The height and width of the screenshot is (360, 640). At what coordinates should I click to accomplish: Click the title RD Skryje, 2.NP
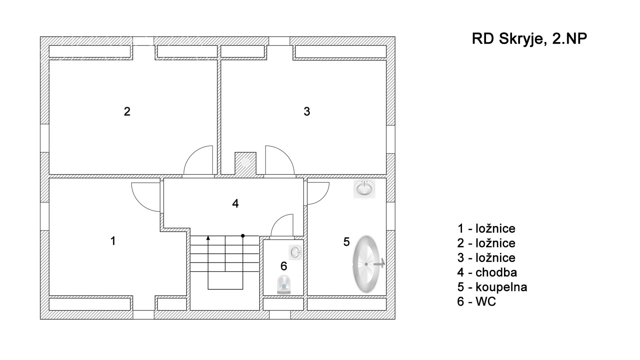pos(529,39)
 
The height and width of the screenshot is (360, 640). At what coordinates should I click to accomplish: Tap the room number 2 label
pos(127,112)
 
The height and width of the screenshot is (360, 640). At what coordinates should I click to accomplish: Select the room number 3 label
pos(307,112)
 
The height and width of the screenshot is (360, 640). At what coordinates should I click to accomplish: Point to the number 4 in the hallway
pos(235,204)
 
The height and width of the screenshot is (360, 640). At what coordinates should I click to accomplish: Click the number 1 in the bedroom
pos(113,241)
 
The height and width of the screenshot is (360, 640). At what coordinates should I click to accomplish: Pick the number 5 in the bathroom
pos(346,242)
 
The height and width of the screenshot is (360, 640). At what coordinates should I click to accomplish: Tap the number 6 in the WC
pos(284,266)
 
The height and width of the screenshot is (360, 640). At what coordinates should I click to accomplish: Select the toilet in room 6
pos(284,284)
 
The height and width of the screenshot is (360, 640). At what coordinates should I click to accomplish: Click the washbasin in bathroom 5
pos(364,188)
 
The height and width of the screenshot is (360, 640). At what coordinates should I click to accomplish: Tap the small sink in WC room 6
pos(296,252)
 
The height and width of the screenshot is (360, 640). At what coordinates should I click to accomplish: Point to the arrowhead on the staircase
pos(208,238)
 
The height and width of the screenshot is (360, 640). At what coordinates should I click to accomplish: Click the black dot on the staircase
pos(243,236)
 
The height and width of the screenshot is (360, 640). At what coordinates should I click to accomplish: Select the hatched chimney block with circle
pos(246,163)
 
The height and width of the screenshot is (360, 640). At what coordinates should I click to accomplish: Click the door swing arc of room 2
pos(198,160)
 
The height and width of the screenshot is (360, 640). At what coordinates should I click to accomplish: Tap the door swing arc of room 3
pos(280,160)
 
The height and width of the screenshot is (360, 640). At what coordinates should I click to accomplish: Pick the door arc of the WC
pos(282,225)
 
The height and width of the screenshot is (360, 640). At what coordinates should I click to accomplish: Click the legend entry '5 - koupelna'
pos(492,287)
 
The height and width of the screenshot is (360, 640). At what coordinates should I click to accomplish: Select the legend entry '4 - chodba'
pos(487,272)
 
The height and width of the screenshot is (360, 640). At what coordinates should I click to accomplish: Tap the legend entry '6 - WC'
pos(476,302)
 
